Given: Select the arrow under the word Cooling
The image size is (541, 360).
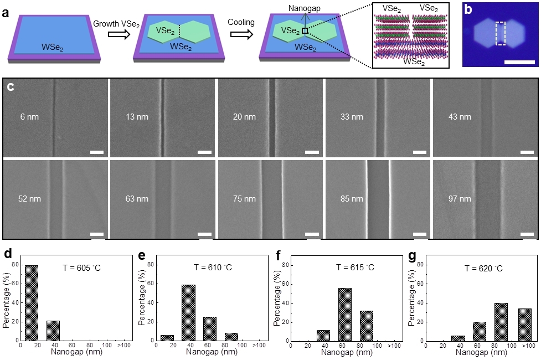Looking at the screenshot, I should (240, 34).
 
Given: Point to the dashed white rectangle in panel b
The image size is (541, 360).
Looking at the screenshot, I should (501, 34).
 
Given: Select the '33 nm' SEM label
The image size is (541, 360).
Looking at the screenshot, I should (352, 117).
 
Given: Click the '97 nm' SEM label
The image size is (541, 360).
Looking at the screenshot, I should (460, 198).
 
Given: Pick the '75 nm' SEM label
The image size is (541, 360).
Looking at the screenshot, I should (244, 198).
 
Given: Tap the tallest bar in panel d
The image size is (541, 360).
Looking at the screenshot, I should (32, 302).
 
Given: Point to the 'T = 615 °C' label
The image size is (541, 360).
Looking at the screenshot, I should (355, 268).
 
